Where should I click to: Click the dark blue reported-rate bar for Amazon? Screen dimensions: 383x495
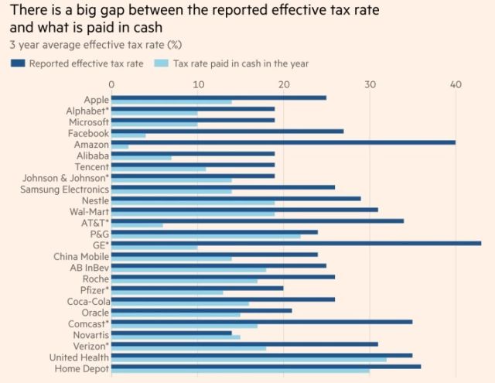[283, 142]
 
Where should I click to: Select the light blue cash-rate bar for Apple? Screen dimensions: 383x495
[172, 101]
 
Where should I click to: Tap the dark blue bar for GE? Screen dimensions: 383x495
[296, 242]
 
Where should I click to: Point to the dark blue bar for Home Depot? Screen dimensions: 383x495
[266, 366]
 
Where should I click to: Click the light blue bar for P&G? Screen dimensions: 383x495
[206, 236]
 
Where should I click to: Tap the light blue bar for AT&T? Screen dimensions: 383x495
[137, 225]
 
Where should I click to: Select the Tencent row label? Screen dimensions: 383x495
[91, 166]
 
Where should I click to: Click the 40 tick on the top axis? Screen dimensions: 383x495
[456, 84]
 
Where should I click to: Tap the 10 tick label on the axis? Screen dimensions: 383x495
[198, 84]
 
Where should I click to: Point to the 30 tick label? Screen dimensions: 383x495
[370, 84]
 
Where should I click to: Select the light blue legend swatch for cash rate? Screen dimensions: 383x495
[164, 63]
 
